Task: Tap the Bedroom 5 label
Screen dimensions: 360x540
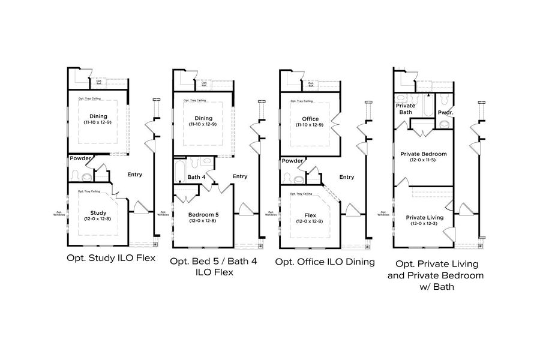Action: tap(203, 214)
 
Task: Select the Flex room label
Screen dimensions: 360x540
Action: tap(310, 214)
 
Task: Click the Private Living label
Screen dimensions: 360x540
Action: tap(424, 217)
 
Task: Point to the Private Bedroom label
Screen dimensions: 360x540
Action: tap(423, 154)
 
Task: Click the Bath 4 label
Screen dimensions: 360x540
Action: tap(196, 177)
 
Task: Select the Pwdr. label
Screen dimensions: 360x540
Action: tap(445, 112)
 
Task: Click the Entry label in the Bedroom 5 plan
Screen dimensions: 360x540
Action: tap(239, 176)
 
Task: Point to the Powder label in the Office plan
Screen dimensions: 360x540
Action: tap(292, 160)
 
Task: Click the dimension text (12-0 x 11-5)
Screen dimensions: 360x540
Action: tap(423, 160)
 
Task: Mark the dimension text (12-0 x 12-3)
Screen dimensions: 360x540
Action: tap(424, 224)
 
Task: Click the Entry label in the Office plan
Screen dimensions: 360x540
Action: tap(346, 177)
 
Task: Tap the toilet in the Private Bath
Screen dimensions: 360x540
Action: tap(402, 97)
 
